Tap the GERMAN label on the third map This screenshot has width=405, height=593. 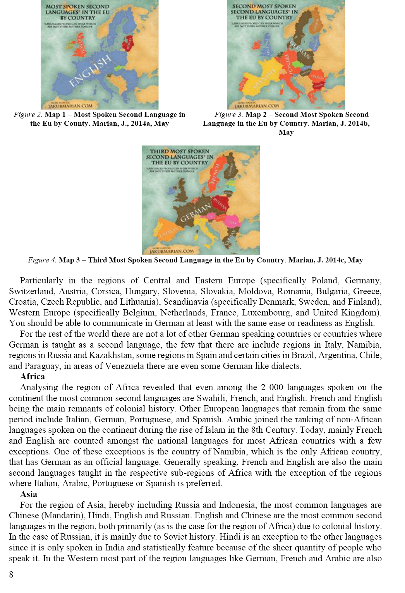196,213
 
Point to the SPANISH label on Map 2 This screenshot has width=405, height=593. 264,78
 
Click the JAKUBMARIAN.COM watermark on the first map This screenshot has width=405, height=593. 70,106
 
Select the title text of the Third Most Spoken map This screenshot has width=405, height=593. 179,157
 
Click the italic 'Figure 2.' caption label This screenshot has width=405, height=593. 28,115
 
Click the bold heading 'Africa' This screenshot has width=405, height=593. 33,377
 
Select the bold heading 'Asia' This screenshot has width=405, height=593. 29,494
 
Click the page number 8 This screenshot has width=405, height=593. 11,574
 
